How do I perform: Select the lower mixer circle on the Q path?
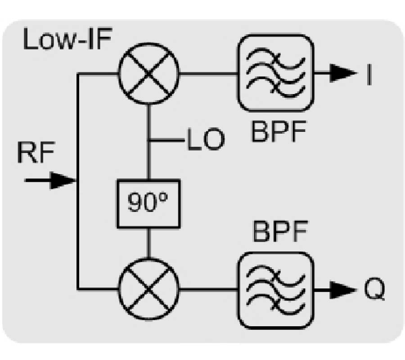(x=148, y=288)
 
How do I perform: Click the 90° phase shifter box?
(x=148, y=203)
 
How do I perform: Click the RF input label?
(x=36, y=154)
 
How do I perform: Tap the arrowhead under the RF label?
(x=65, y=181)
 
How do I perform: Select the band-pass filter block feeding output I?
(x=274, y=73)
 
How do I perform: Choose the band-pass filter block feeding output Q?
(x=274, y=289)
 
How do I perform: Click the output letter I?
(x=369, y=74)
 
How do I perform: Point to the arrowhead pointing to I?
(x=342, y=73)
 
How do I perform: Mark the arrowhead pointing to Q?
(x=342, y=289)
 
